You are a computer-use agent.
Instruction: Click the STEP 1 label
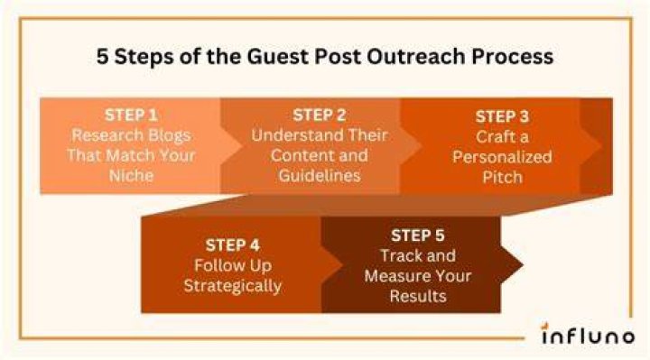pos(131,115)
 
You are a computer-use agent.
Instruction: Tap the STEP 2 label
pos(320,115)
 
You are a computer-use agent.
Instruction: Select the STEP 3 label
pos(502,116)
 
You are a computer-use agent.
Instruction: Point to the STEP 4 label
pos(233,245)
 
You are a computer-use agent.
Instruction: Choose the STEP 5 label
pos(417,235)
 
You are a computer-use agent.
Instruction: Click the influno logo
pos(588,334)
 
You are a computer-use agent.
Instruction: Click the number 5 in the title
pos(102,56)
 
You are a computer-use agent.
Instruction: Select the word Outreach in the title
pos(416,56)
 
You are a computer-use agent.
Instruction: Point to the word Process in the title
pos(512,56)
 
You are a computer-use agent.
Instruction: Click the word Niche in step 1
pos(131,176)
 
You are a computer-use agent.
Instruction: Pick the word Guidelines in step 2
pos(320,176)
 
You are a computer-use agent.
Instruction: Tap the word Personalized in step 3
pos(502,157)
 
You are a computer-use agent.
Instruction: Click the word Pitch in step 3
pos(502,178)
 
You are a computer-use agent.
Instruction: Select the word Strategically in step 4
pos(233,286)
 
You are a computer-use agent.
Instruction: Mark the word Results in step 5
pos(418,296)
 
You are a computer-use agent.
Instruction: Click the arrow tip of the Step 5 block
pos(523,264)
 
